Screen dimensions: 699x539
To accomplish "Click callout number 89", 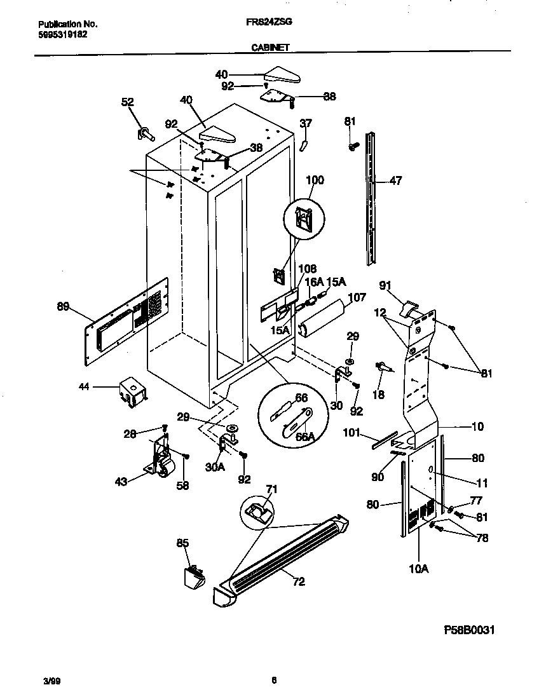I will click(64, 307).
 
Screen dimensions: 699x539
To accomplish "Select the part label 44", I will click(84, 386).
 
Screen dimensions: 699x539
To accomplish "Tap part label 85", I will click(182, 543).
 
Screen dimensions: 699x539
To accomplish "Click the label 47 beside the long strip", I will click(395, 181).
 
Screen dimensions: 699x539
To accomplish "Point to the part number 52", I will click(128, 102).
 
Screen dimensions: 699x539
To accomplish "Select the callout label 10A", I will click(419, 569).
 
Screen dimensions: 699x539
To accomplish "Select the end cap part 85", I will click(193, 577).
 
